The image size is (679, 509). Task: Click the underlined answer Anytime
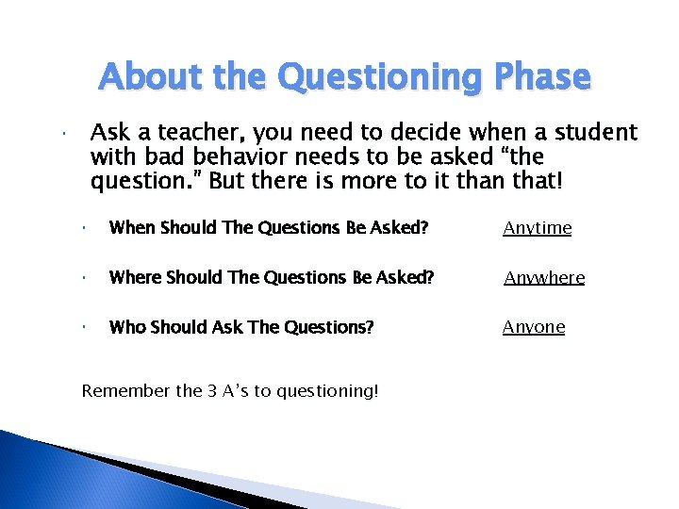click(x=537, y=228)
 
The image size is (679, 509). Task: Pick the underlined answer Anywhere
click(x=543, y=278)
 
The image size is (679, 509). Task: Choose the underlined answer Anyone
click(x=534, y=327)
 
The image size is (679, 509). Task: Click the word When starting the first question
click(x=133, y=228)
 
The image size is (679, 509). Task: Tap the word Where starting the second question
click(x=135, y=278)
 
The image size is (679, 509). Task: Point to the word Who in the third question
click(x=126, y=327)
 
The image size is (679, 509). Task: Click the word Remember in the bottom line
click(x=119, y=390)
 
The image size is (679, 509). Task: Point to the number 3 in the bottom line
click(x=211, y=390)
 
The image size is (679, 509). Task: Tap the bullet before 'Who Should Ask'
click(x=85, y=327)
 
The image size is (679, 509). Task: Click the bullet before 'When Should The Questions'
click(x=85, y=228)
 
